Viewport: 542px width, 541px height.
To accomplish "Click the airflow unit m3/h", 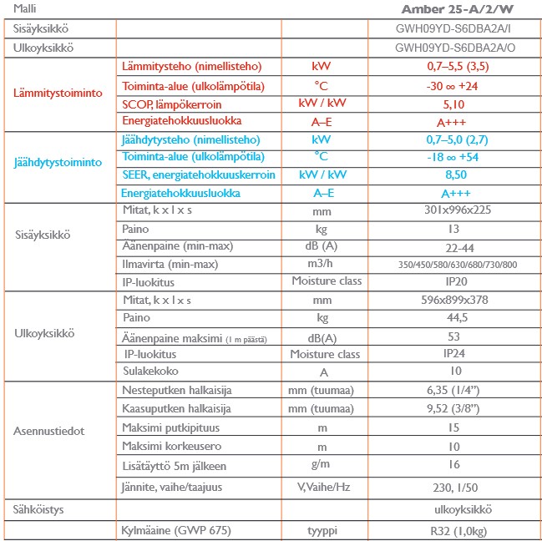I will point(322,264).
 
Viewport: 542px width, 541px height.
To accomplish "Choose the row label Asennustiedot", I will point(50,432).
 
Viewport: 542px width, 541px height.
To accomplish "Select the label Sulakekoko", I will point(150,371).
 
